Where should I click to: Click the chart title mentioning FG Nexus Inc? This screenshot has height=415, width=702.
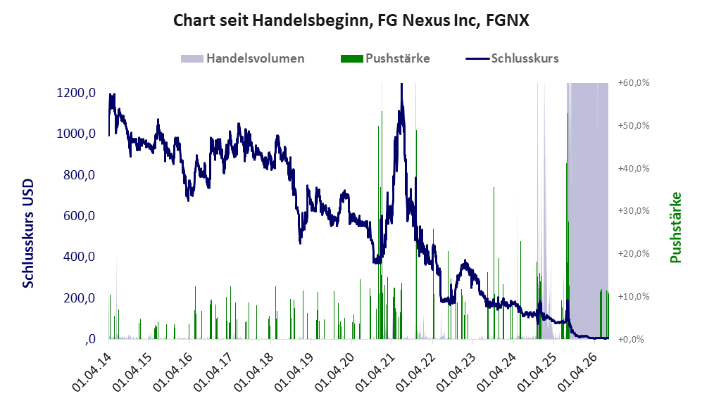pos(351,20)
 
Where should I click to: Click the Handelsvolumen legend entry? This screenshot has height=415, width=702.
pos(243,58)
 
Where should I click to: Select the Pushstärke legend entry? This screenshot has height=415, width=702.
pos(385,58)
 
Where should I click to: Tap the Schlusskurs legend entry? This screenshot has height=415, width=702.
pos(512,58)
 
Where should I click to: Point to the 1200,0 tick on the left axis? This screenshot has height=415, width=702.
pos(76,93)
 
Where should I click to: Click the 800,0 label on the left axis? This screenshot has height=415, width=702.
pos(80,175)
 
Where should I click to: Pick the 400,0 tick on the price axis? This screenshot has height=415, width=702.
pos(80,257)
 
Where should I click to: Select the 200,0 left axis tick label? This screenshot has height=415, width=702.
pos(80,298)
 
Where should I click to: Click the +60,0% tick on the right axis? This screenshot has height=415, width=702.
pos(634,83)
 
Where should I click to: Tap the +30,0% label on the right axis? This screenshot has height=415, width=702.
pos(634,210)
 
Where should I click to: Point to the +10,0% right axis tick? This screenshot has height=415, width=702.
pos(634,296)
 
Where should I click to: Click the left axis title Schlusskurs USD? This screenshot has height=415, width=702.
pos(28,234)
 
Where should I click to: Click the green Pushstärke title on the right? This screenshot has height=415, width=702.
pos(675,228)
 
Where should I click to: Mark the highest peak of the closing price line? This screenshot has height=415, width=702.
pos(401,84)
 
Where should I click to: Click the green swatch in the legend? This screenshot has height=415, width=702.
pos(352,58)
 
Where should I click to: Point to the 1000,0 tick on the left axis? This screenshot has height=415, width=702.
pos(76,134)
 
